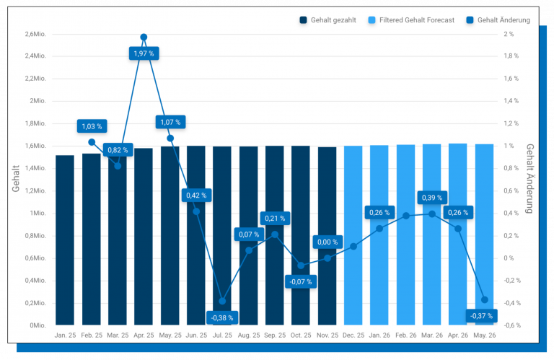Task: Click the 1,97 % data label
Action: click(143, 53)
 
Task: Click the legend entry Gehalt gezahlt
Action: click(327, 20)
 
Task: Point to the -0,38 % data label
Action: click(222, 317)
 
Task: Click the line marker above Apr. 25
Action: click(144, 37)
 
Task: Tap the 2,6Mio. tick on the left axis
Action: click(35, 34)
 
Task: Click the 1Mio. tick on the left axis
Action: click(38, 214)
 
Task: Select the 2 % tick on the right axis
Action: click(509, 34)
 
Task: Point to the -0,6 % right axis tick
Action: click(512, 325)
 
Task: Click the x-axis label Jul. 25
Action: click(221, 335)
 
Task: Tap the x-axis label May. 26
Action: click(483, 335)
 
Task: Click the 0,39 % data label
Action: click(432, 198)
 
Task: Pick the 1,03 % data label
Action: click(92, 126)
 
